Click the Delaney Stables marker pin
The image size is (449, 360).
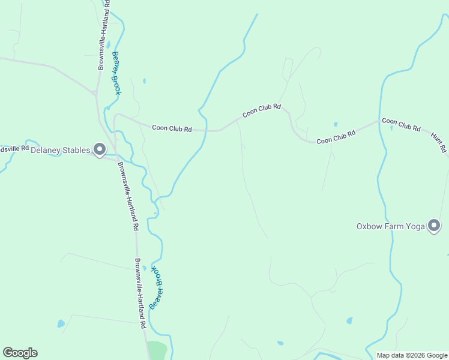[100, 149]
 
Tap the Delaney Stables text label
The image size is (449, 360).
[60, 150]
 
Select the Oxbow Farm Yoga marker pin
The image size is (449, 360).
[434, 226]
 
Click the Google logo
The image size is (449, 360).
[20, 353]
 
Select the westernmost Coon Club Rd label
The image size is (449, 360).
[172, 128]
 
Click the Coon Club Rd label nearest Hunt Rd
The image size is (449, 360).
[401, 124]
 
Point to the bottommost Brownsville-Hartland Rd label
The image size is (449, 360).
[140, 293]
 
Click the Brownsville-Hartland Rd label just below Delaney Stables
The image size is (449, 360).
[128, 197]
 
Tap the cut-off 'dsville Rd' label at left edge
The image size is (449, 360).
[14, 148]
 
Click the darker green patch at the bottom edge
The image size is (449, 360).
[158, 350]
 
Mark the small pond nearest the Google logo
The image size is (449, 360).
[61, 323]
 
